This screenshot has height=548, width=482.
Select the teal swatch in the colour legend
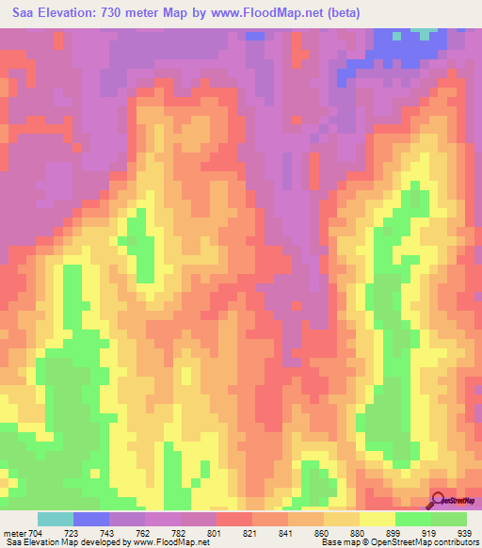click(56, 519)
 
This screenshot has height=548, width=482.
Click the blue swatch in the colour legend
click(91, 519)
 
